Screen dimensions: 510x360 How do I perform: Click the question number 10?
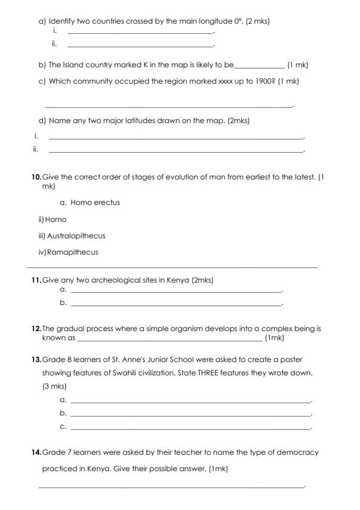[36, 176]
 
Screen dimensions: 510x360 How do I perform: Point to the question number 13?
[36, 360]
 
